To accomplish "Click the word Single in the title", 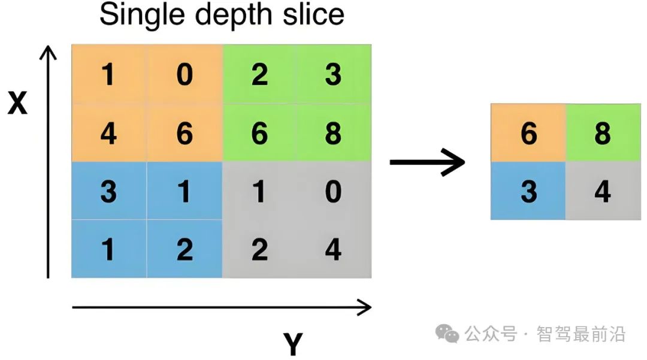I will point(135,14).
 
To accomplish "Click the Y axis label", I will point(293,344).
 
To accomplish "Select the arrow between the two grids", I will point(427,162).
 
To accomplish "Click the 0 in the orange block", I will point(184,75).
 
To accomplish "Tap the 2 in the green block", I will point(259,75).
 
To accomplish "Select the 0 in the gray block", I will point(333,192).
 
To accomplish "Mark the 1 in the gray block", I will point(259,192).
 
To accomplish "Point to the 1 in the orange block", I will point(108,75).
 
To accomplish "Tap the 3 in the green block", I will point(333,75).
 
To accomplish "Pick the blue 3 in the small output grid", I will point(528,192).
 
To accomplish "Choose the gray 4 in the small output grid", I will point(602,192).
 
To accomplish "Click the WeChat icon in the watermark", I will point(447,334).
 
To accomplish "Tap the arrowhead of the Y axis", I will point(364,307).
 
